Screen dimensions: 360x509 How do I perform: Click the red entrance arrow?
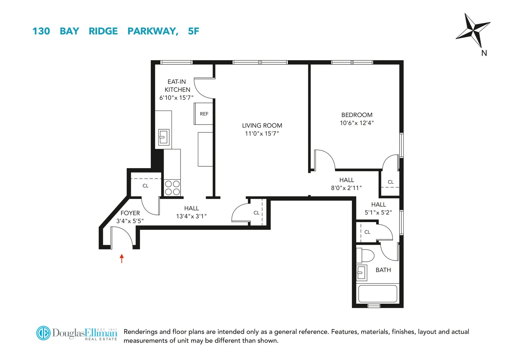[122, 258]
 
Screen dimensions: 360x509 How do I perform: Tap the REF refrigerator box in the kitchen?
[204, 114]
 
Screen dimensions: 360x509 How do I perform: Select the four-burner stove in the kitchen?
[172, 188]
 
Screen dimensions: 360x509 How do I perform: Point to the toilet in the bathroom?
[366, 255]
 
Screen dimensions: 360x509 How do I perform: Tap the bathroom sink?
[362, 273]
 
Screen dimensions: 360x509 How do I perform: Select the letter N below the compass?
[484, 53]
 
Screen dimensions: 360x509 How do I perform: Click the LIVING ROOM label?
[262, 126]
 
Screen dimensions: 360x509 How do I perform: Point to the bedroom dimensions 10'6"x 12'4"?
[356, 123]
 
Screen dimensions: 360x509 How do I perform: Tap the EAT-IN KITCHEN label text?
[177, 86]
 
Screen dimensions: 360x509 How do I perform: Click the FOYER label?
[130, 213]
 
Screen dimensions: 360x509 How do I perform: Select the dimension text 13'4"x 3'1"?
[191, 216]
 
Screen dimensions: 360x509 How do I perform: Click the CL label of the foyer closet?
[145, 186]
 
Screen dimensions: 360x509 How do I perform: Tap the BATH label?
[383, 270]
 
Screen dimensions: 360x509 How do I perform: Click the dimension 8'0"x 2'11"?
[346, 188]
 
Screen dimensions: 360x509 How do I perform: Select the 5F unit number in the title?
[194, 31]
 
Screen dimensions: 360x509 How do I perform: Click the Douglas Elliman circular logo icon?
[44, 333]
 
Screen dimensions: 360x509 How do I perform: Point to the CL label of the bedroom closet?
[391, 182]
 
